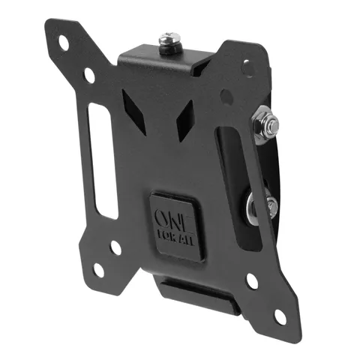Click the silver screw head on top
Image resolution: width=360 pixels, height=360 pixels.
click(169, 38)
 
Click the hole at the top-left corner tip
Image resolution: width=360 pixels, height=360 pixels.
click(63, 43)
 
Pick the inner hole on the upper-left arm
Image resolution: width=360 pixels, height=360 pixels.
click(89, 75)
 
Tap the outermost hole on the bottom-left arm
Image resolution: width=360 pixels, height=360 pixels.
click(99, 270)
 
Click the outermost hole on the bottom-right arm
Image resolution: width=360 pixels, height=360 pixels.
click(280, 317)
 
